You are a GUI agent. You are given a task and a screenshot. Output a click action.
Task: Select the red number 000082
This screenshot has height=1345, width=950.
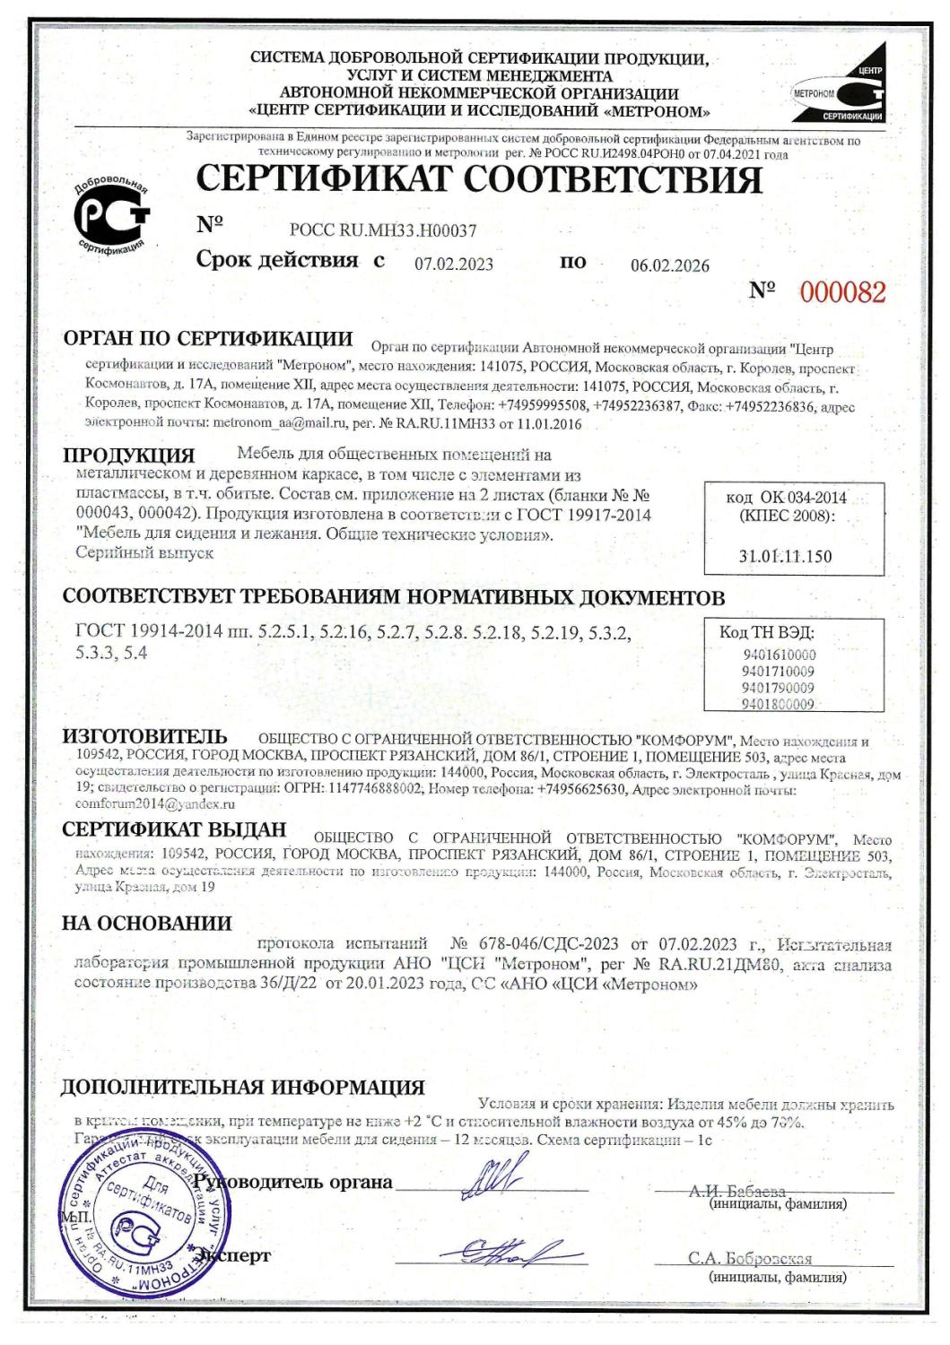point(842,292)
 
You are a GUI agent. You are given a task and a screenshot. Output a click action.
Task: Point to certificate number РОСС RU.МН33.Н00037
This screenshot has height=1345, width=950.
point(382,230)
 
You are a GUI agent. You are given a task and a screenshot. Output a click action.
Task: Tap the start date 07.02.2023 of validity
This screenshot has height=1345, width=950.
point(453,265)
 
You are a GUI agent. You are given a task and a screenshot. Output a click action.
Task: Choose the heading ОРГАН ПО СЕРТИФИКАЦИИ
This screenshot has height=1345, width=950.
point(208,339)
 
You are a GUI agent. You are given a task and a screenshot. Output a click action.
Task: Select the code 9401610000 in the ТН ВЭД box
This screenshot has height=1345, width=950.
point(779,655)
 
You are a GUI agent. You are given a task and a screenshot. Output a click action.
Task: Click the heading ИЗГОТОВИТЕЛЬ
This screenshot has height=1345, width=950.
point(144,737)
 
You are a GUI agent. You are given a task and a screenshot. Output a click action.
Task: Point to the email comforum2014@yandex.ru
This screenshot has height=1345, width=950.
point(155,804)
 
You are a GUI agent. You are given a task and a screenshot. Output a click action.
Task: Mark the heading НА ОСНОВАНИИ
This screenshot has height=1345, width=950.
point(146,923)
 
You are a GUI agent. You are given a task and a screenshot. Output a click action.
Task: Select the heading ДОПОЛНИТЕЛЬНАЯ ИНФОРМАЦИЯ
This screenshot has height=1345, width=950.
point(242,1088)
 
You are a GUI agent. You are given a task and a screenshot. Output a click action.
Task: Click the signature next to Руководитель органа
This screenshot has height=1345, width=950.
point(493,1177)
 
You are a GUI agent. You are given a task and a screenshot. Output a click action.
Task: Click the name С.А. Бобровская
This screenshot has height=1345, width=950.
point(750,1257)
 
